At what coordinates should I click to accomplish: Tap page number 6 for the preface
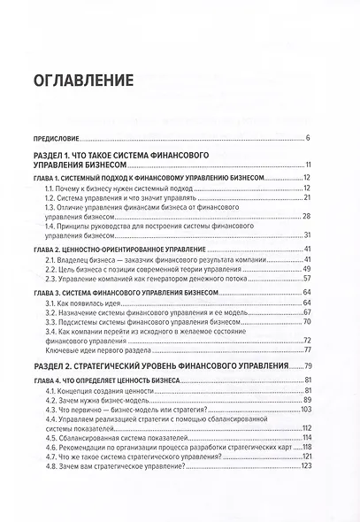click(307, 139)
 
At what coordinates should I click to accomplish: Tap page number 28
click(305, 216)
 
